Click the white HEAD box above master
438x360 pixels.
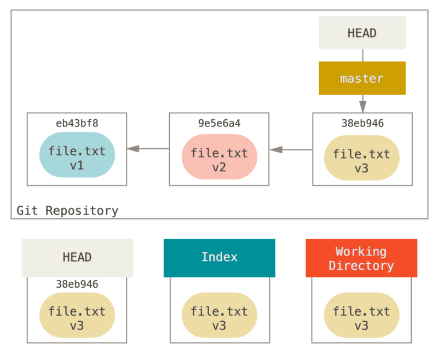[362, 33]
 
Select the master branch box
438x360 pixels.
[362, 78]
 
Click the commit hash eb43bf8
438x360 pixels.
[77, 123]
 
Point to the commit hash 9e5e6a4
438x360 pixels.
[219, 123]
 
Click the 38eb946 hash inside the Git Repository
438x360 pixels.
[362, 123]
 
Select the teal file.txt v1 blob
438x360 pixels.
[77, 158]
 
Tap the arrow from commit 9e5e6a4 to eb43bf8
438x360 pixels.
[148, 149]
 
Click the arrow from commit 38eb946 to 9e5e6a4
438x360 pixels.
[290, 149]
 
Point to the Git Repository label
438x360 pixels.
[67, 211]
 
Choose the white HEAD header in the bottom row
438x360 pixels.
[77, 258]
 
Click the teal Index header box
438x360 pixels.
[219, 258]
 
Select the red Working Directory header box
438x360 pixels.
[361, 258]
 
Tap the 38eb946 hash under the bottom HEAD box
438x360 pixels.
[77, 284]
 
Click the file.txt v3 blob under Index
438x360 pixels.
[219, 318]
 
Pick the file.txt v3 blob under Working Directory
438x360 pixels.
[361, 318]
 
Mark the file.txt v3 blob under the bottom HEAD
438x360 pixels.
[77, 318]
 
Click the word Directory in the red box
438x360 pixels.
[361, 266]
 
